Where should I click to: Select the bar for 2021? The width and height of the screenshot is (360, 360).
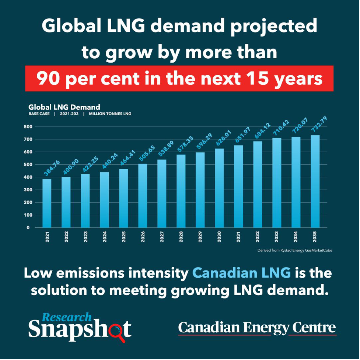pyautogui.click(x=47, y=203)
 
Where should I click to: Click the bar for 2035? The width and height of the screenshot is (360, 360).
pyautogui.click(x=315, y=181)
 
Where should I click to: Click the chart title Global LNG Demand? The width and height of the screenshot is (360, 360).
pyautogui.click(x=64, y=107)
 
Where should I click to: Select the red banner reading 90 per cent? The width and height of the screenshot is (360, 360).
pyautogui.click(x=179, y=78)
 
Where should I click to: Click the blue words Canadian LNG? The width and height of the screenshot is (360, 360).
pyautogui.click(x=241, y=273)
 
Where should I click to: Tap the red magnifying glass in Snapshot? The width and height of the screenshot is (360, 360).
pyautogui.click(x=118, y=330)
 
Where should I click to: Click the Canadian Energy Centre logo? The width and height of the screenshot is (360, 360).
pyautogui.click(x=257, y=328)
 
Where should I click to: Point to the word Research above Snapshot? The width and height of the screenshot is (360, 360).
pyautogui.click(x=66, y=317)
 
